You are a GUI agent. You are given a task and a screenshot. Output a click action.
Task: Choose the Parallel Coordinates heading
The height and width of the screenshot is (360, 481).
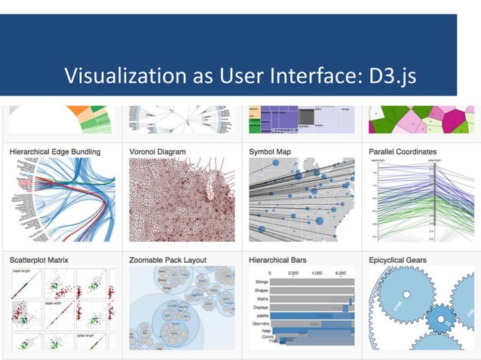point(403,151)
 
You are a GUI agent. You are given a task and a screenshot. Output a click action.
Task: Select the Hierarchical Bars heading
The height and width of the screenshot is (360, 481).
point(280,260)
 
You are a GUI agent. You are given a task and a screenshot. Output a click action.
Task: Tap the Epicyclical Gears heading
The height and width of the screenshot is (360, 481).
point(398,260)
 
